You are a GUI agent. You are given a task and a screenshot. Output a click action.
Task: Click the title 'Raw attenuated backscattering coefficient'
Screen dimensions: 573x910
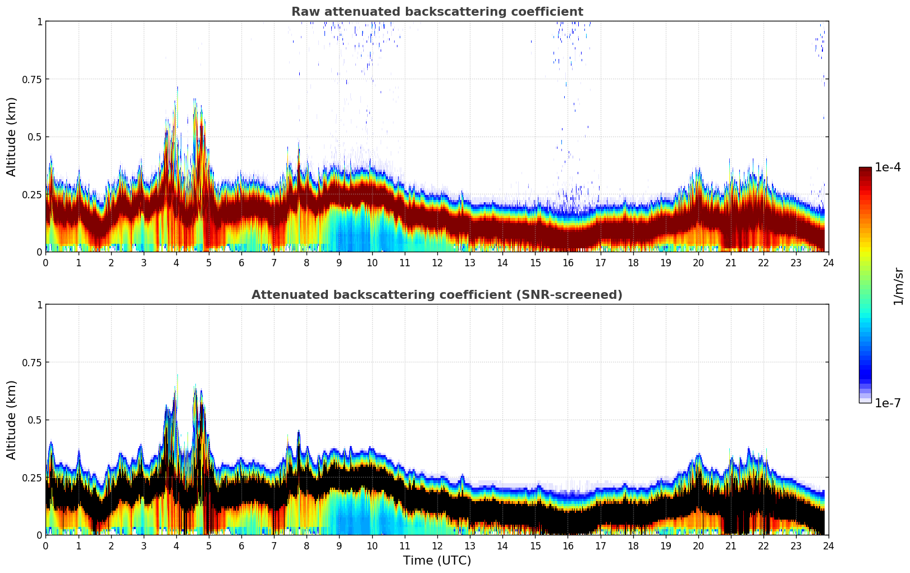437,12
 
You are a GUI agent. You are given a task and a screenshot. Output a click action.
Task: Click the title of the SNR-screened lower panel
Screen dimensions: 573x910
437,295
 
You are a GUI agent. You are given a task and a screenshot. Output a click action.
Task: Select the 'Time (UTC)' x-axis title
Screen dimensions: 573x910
437,561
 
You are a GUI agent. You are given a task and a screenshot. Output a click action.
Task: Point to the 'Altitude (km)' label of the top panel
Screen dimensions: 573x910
11,137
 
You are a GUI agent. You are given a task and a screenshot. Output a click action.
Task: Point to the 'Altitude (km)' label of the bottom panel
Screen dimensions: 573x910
11,420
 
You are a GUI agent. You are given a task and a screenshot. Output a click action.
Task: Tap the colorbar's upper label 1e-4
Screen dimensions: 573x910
888,167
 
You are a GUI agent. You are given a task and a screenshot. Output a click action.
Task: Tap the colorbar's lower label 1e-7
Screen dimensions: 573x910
888,403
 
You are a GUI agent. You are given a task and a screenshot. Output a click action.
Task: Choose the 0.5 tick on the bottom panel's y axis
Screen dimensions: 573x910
34,420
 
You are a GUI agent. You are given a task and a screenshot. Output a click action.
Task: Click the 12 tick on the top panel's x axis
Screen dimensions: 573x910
437,262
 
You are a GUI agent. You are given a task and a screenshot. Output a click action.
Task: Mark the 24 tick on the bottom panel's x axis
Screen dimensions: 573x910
829,545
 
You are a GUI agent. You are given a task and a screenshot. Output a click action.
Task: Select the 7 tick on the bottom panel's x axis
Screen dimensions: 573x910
274,545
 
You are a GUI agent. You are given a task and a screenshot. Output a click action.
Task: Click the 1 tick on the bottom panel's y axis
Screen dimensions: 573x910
39,304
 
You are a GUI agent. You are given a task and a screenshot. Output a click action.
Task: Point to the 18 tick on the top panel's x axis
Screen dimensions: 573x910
633,262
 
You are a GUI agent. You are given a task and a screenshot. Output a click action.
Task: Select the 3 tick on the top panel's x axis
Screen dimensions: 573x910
144,262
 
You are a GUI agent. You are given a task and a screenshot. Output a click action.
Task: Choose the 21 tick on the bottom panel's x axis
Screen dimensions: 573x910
730,545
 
